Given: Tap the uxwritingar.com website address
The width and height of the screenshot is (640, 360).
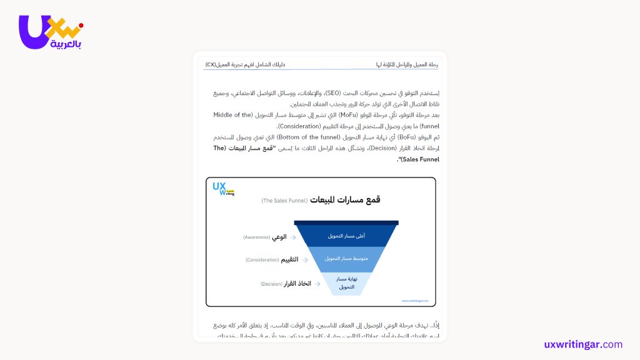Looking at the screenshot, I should coord(583,344).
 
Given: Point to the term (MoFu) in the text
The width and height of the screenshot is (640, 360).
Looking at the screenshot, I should coord(345,115).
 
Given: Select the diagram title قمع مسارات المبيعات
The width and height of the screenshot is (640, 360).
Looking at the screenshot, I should coord(345,200).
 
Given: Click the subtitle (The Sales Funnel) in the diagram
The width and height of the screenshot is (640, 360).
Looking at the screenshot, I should coord(284,201).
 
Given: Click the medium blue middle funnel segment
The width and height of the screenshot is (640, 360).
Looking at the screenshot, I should coord(346,258).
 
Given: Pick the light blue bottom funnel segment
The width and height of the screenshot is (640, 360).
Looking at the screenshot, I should coord(346,282).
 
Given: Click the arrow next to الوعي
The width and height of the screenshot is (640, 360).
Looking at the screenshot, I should coord(293,237).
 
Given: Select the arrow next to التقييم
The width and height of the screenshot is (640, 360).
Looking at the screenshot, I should coord(305,259).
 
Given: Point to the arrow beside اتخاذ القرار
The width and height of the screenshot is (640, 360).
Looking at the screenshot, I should coord(317,284).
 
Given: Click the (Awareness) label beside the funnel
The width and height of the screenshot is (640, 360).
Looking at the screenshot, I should coord(256,237).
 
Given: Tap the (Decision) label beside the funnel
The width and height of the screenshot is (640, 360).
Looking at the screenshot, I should coord(271,284).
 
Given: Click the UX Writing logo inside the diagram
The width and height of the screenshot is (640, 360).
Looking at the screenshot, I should coord(222,189).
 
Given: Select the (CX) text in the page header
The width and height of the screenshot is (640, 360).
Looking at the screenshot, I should coord(211,64).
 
